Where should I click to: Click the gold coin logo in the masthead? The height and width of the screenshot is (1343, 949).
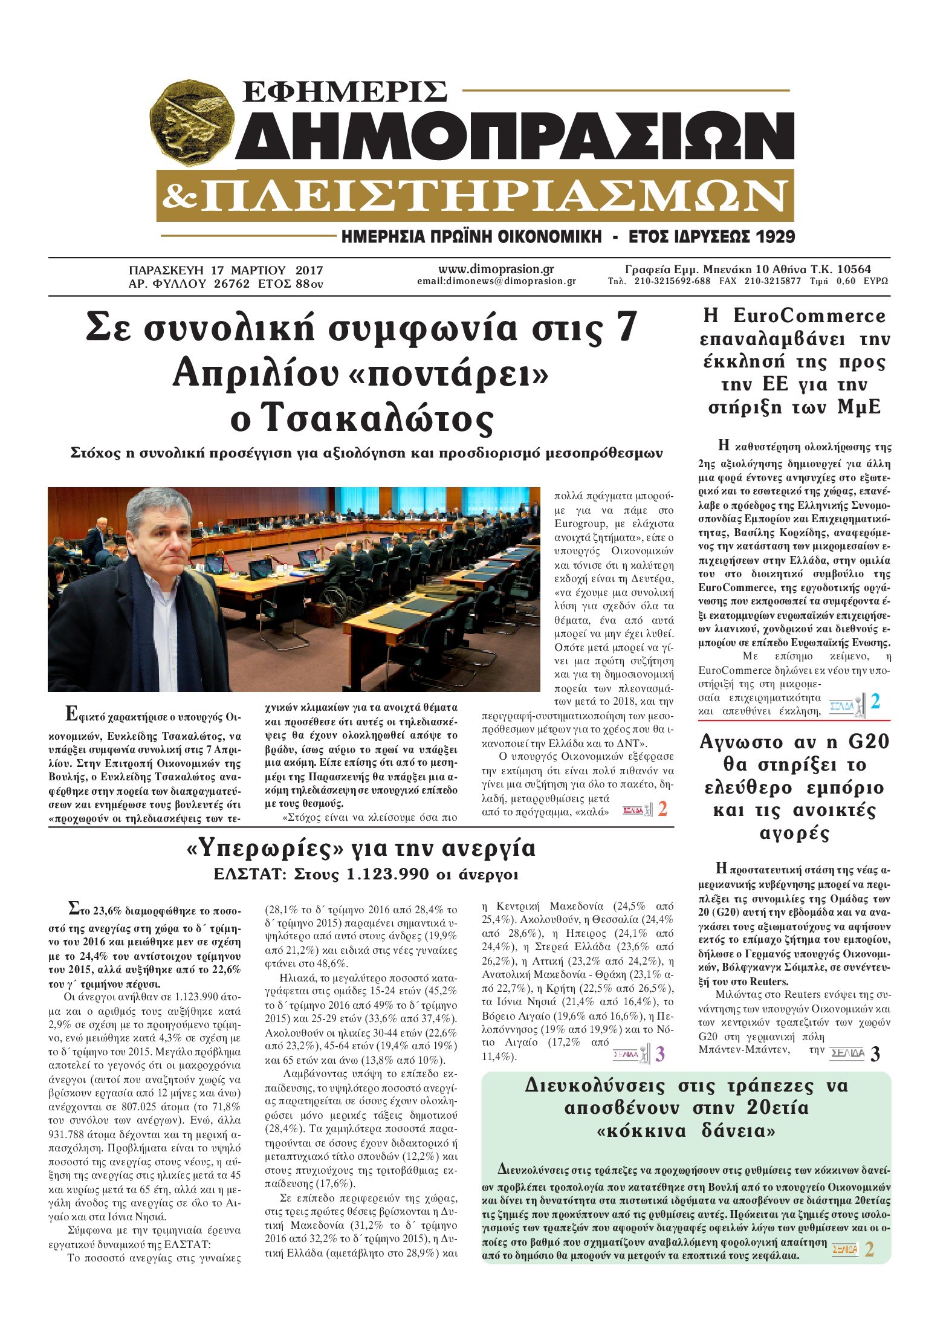click(193, 125)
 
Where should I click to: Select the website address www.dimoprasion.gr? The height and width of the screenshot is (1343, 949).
click(496, 270)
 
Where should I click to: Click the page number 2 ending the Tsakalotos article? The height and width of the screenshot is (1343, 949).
click(662, 809)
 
